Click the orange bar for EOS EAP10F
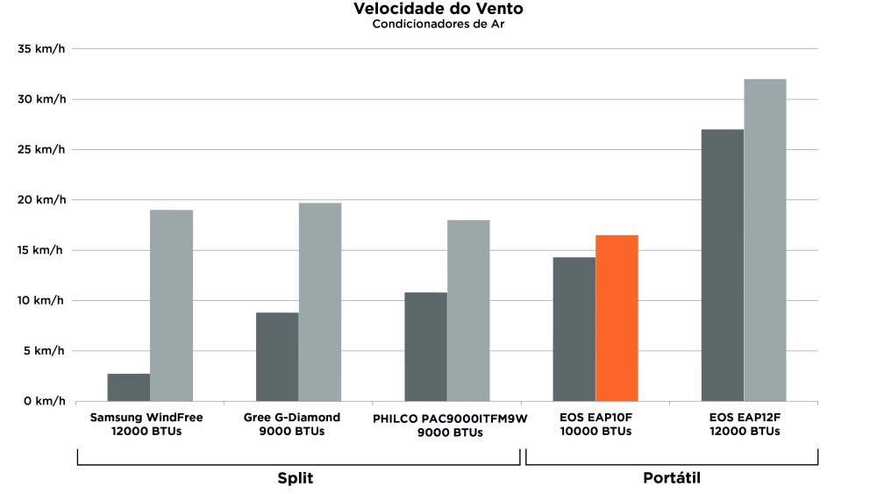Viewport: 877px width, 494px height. (617, 318)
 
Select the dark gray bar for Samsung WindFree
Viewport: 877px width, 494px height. (129, 387)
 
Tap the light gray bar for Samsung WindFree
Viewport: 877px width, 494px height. (171, 305)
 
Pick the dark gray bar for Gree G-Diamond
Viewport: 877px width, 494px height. (277, 356)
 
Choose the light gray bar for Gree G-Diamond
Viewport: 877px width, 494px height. (320, 302)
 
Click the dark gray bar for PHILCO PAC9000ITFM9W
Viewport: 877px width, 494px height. (425, 347)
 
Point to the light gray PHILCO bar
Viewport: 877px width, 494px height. (468, 310)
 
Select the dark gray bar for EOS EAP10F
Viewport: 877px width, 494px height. (574, 329)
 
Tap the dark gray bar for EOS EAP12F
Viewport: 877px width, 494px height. (723, 265)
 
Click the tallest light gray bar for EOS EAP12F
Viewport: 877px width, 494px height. (765, 240)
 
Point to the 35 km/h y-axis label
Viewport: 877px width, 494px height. (42, 49)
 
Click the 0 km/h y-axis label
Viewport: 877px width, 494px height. (46, 401)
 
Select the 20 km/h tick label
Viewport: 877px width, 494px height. (42, 200)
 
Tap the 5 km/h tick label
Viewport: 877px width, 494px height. (46, 351)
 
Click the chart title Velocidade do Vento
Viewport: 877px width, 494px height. (439, 9)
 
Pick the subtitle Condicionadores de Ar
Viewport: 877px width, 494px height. (438, 24)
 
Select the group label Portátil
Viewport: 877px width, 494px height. (672, 478)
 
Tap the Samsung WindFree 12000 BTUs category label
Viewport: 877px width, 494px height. (146, 424)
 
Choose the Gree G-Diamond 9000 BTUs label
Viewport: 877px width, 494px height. (292, 424)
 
